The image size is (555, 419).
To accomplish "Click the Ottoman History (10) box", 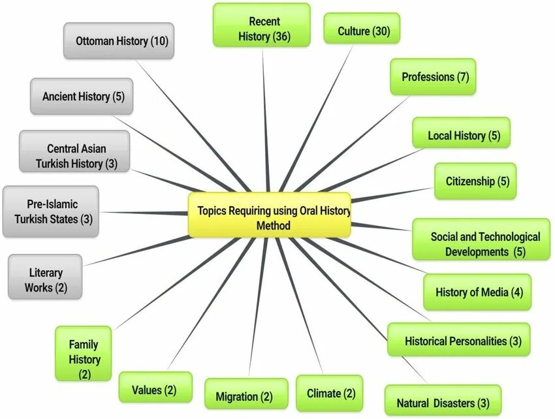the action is [119, 41].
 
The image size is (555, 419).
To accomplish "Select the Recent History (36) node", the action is [262, 26].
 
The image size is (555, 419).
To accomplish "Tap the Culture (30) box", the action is [362, 30].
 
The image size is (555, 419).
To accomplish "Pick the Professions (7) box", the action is [433, 77].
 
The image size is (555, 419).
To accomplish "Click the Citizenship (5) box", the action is [475, 181].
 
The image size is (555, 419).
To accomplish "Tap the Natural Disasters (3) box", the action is [443, 401].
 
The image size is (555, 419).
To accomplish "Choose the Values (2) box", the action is [155, 390].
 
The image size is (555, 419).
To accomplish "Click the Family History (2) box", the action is [85, 359].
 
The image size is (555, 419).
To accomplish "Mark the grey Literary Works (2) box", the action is [46, 279].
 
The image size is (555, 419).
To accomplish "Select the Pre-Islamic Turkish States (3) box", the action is [51, 211].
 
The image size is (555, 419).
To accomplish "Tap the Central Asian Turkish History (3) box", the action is [74, 155].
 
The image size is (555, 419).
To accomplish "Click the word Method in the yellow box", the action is [274, 226].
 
